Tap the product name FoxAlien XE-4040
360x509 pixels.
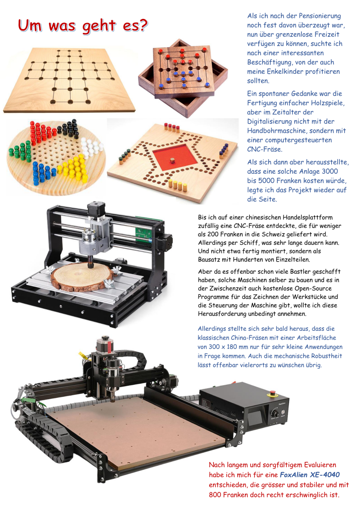click(310, 475)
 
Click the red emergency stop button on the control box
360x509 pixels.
click(273, 393)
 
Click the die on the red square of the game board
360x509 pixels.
click(172, 160)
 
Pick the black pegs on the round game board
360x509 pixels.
click(68, 127)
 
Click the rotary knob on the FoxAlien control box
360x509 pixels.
click(275, 414)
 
